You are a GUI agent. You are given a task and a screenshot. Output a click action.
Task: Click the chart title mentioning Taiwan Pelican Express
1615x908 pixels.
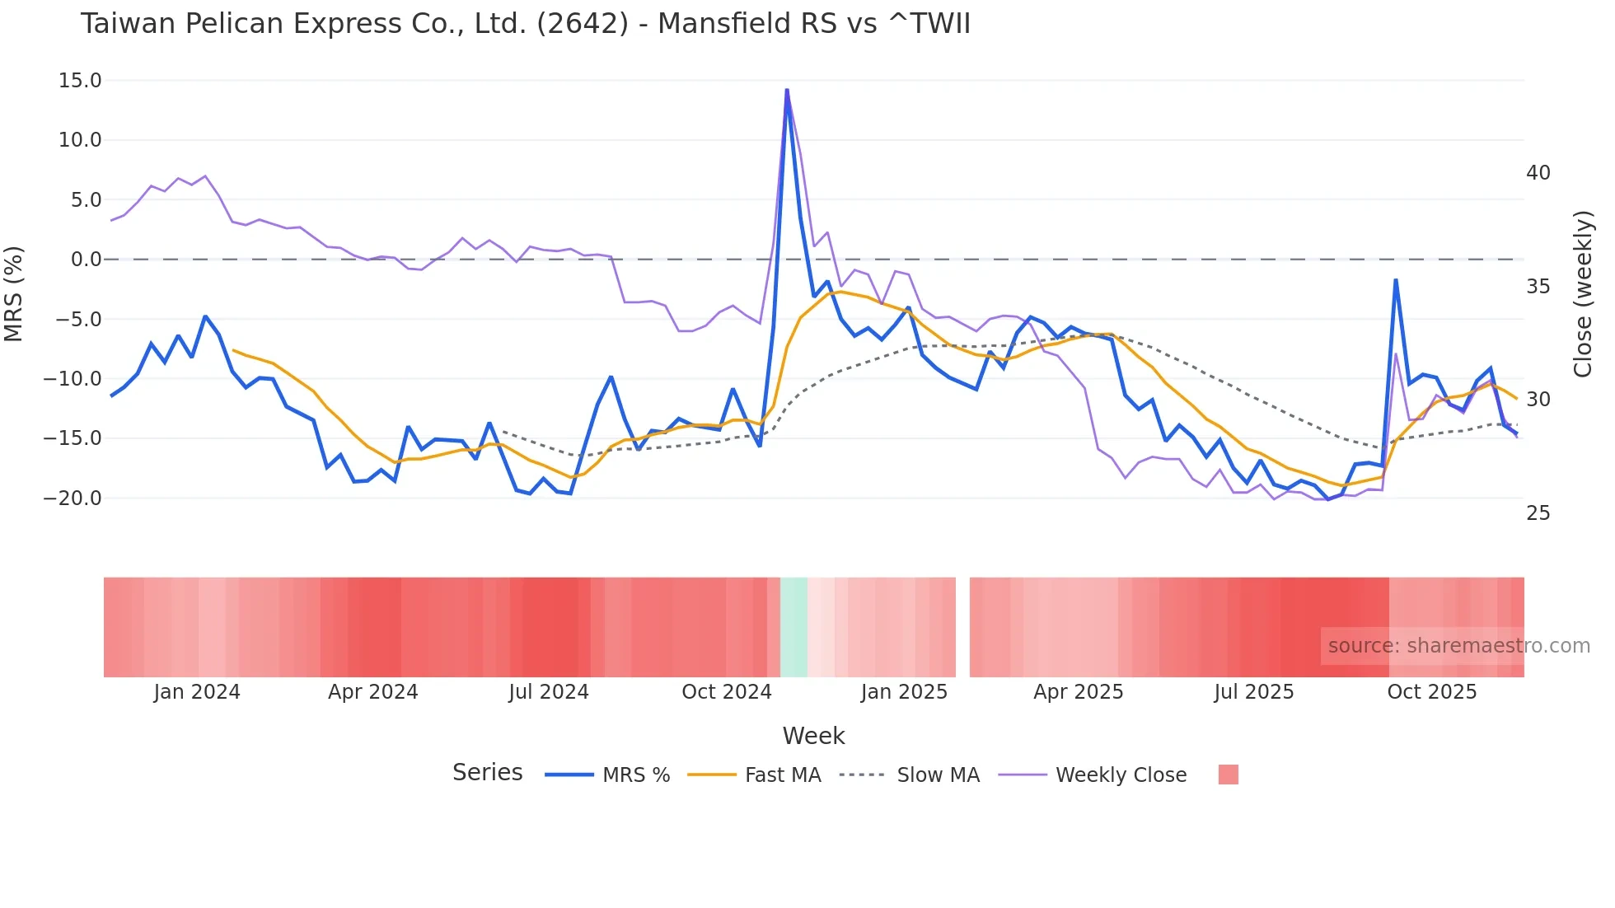pos(525,24)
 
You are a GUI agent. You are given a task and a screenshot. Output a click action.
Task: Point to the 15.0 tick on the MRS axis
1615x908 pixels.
pos(80,81)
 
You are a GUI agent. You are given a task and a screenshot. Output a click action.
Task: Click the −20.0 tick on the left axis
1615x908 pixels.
pos(73,498)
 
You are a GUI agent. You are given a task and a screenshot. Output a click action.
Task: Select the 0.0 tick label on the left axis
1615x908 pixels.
pos(86,260)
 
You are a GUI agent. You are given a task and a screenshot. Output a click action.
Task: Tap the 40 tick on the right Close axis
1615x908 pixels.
pos(1538,173)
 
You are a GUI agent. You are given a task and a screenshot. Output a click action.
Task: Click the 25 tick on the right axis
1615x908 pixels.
pos(1538,513)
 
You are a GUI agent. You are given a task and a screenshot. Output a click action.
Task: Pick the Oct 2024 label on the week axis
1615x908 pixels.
pos(726,692)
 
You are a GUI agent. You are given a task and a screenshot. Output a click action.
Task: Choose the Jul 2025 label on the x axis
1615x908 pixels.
pos(1253,692)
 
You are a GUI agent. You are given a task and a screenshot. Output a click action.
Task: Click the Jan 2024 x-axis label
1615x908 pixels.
pos(197,692)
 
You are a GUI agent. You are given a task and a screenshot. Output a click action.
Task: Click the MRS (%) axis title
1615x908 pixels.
pos(14,293)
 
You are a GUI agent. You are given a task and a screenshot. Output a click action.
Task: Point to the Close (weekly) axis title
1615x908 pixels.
pos(1583,294)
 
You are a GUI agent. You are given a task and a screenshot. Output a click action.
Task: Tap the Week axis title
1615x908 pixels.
pos(813,736)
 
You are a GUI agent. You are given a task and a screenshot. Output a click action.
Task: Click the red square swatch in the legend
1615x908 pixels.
pos(1228,775)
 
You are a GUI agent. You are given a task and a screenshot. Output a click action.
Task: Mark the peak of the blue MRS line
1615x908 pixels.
pos(787,90)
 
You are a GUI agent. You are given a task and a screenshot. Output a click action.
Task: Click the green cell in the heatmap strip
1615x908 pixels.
pos(793,627)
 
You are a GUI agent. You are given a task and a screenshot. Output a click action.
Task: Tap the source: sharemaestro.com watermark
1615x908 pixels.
pos(1458,646)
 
